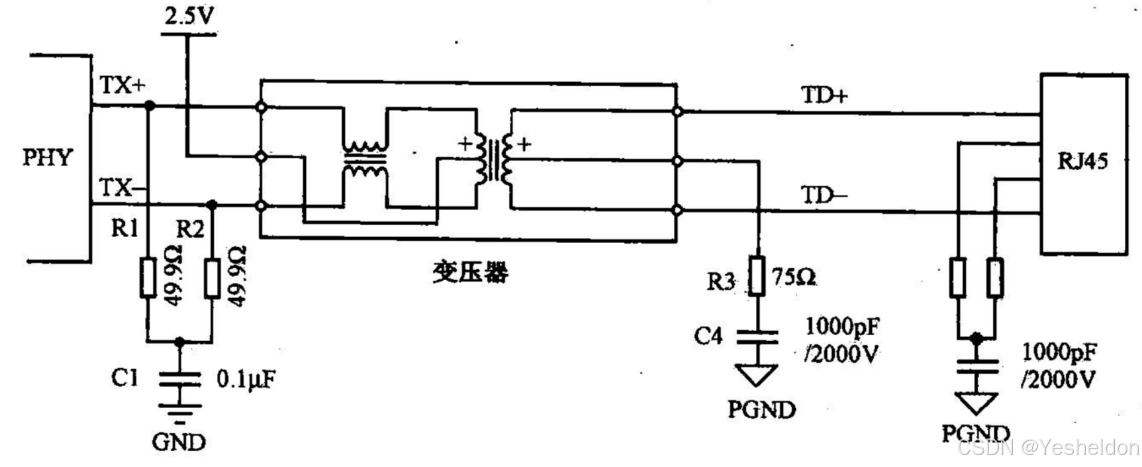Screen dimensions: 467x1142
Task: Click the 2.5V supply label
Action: click(x=190, y=15)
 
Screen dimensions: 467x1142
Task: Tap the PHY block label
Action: click(x=47, y=158)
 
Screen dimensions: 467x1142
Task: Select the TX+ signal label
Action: click(x=122, y=85)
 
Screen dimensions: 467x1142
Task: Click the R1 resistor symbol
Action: click(x=148, y=277)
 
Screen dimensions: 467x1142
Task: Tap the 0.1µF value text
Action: click(x=246, y=380)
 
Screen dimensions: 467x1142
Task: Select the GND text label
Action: click(x=179, y=441)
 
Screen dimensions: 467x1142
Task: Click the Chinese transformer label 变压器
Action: click(x=470, y=272)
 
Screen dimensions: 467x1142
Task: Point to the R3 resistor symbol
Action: click(x=757, y=275)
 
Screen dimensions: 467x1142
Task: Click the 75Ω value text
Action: click(x=793, y=276)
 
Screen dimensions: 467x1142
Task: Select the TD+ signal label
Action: click(x=824, y=96)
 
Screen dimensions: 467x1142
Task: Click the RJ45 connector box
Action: click(x=1083, y=164)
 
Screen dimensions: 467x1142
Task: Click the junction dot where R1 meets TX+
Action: click(x=150, y=105)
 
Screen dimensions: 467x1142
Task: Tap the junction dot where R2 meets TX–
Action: click(x=212, y=205)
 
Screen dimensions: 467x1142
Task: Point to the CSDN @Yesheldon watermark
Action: click(x=1049, y=448)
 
